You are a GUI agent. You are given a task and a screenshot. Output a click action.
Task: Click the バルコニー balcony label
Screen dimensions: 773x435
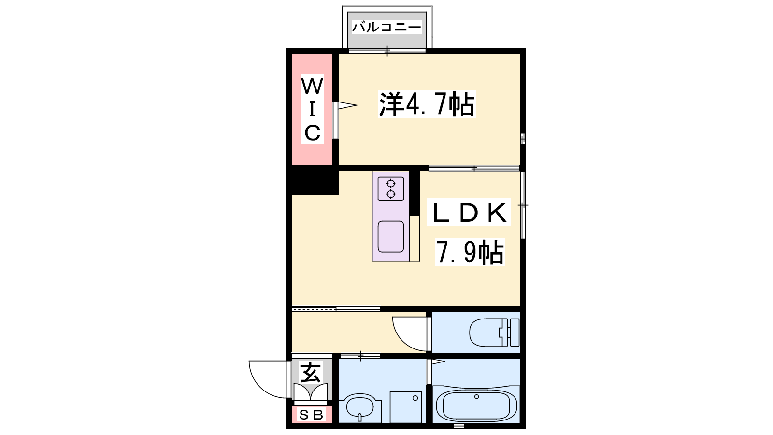(387, 27)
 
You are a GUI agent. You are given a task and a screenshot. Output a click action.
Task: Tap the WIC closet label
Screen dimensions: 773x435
(312, 109)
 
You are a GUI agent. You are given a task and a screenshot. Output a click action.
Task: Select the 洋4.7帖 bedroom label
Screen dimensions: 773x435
(427, 104)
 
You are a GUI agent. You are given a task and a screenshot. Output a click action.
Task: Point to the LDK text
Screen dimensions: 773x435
(469, 212)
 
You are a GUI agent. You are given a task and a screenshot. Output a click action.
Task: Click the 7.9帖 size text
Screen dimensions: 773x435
(470, 252)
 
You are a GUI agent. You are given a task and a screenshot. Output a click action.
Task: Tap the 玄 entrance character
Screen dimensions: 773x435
(311, 372)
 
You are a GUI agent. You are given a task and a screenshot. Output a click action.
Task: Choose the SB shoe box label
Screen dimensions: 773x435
(311, 415)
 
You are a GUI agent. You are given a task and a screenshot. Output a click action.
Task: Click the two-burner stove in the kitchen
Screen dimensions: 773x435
(391, 189)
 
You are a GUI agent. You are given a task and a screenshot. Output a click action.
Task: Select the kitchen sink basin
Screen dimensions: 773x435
(391, 237)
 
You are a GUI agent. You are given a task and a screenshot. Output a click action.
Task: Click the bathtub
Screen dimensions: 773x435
(476, 406)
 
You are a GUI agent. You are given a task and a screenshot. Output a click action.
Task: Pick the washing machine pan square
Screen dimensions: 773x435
(406, 407)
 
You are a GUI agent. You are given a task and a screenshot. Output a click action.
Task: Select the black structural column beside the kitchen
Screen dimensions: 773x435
(415, 193)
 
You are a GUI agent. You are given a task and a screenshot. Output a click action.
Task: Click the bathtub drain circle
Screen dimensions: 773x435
(476, 397)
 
